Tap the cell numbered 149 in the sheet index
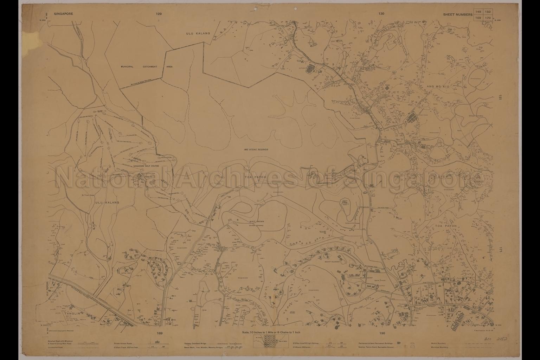pos(479,11)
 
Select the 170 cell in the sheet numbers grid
pos(488,17)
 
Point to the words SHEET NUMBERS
pos(458,14)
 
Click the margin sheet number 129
pos(159,14)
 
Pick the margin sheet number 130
pos(382,14)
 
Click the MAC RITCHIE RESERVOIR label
pos(256,149)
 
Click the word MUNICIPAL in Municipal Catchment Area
pos(128,66)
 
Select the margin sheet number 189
pos(160,333)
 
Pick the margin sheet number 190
pos(382,333)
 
